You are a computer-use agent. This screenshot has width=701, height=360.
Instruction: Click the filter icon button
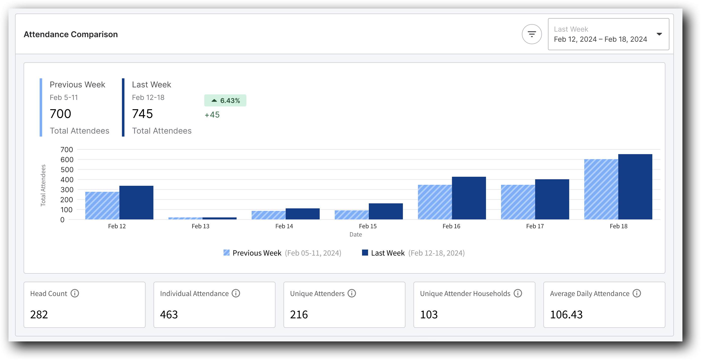point(531,34)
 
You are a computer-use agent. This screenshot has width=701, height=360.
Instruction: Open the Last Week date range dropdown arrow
point(659,34)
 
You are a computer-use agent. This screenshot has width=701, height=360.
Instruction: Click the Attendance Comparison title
point(71,34)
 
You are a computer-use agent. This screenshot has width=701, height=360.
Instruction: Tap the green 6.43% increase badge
point(225,100)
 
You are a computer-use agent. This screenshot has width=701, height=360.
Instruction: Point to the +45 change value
point(212,115)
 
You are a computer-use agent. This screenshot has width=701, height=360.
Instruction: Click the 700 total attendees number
point(60,113)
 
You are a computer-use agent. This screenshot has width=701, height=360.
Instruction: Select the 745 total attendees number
point(142,113)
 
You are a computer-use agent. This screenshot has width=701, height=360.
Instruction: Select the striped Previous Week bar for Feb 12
point(102,206)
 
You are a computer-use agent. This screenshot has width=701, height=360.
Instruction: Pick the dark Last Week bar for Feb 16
point(469,198)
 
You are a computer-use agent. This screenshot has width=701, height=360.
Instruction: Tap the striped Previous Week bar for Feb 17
point(518,202)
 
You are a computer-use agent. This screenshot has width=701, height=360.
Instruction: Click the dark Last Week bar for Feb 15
point(386,211)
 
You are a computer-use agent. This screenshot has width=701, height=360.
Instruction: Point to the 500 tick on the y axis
point(67,170)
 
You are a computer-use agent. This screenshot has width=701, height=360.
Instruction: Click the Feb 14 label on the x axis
point(284,226)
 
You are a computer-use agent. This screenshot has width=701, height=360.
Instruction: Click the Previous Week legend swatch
point(226,253)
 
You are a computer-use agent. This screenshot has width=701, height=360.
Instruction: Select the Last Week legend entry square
point(365,253)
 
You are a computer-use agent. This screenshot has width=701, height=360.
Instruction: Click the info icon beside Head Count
point(75,293)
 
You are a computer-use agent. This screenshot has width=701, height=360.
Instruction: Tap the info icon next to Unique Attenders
point(352,293)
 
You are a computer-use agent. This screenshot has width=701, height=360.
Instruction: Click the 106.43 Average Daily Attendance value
point(566,315)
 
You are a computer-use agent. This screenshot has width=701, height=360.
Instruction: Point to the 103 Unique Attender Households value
point(429,315)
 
